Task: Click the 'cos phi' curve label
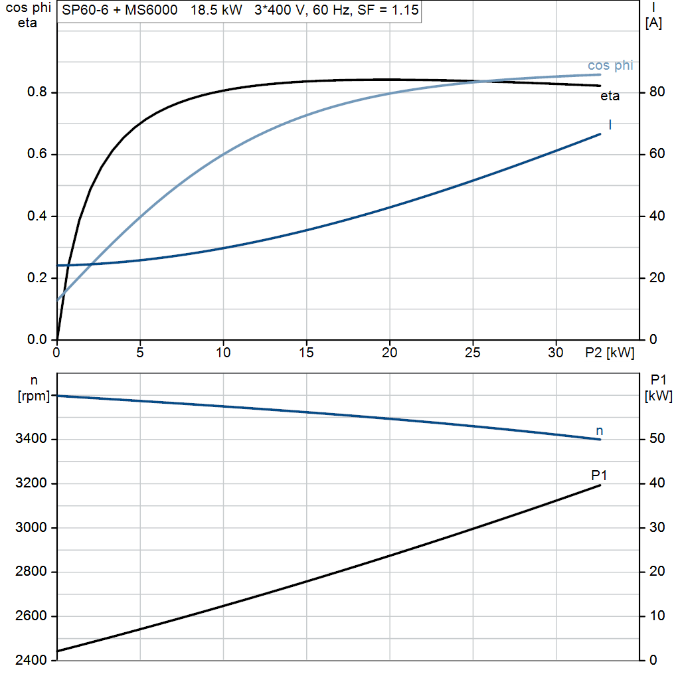click(x=610, y=66)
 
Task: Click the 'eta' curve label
click(x=610, y=96)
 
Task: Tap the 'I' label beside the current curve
click(x=610, y=125)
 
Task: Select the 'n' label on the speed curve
click(x=600, y=432)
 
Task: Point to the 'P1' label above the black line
click(x=599, y=475)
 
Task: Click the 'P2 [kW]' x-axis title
click(x=610, y=353)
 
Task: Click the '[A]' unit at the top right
click(x=653, y=23)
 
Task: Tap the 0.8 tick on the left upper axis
click(x=37, y=92)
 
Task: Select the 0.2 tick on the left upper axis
click(x=37, y=278)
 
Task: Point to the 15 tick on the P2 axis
click(x=306, y=353)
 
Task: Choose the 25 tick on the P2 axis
click(x=473, y=353)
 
